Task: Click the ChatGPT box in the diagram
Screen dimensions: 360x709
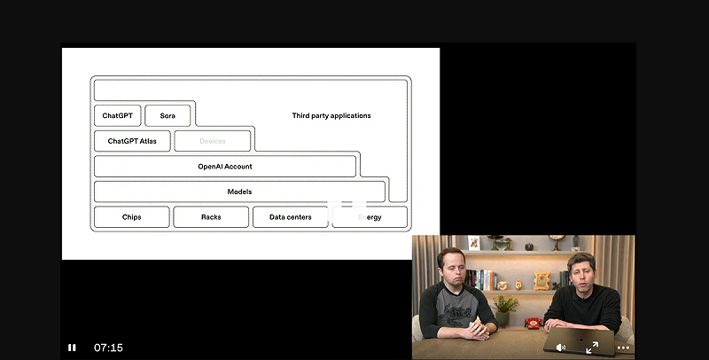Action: coord(117,115)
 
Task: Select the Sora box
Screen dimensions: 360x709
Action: coord(168,115)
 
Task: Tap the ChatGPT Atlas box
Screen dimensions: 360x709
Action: coord(132,141)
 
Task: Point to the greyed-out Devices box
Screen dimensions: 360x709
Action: coord(213,141)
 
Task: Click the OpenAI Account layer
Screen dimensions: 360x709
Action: coord(225,167)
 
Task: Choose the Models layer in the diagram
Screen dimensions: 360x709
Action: coord(239,192)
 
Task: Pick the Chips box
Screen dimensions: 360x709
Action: coord(131,217)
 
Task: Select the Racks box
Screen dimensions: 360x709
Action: coord(211,217)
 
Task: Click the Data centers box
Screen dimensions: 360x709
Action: coord(291,217)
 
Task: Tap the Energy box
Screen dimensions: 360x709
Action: coord(370,217)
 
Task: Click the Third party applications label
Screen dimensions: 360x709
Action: coord(331,116)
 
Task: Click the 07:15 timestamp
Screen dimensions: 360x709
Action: coord(108,348)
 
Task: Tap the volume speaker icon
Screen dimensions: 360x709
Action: coord(560,348)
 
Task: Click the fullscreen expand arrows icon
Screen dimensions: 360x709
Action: coord(592,348)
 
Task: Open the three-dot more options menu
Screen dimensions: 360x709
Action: coord(623,348)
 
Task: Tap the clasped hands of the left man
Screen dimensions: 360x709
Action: coord(474,329)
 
